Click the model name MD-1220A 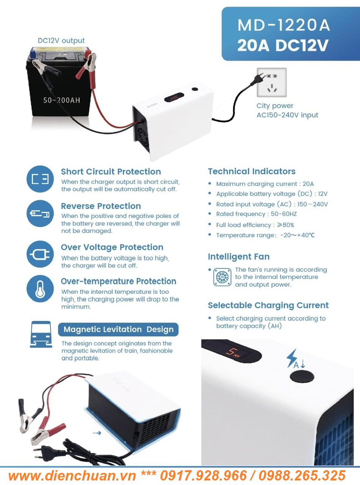tap(283, 25)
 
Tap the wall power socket tap(272, 83)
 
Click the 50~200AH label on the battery tap(61, 100)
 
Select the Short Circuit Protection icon tap(40, 179)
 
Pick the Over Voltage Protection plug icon tap(40, 254)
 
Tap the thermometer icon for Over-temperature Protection tap(40, 289)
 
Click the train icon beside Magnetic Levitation tap(41, 334)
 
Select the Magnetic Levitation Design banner tap(118, 329)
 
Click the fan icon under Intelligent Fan tap(222, 277)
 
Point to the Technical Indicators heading tap(252, 171)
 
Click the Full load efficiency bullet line tap(255, 225)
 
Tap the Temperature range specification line tap(265, 235)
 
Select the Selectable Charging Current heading tap(268, 305)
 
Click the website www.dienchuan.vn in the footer tap(72, 475)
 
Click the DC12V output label tap(61, 41)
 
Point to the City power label tap(275, 106)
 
